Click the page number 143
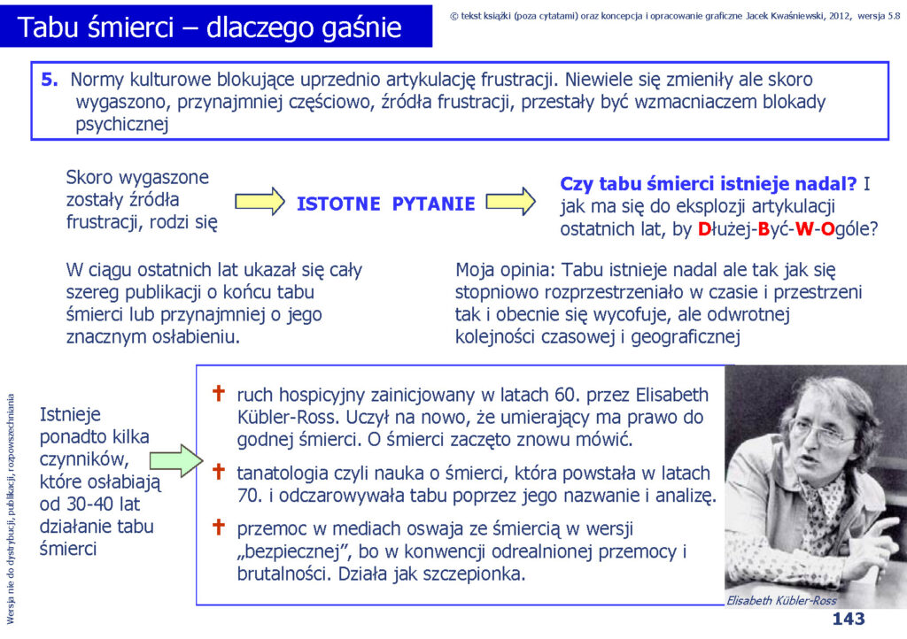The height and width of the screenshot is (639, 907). tap(848, 619)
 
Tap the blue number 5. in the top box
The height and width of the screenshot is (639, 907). tap(50, 79)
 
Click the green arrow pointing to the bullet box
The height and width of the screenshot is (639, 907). tap(176, 460)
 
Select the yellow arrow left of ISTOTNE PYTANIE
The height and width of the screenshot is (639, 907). tap(260, 202)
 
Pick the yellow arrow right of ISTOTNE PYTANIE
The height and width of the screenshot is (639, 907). tap(511, 202)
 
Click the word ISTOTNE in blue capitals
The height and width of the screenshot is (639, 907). tap(338, 204)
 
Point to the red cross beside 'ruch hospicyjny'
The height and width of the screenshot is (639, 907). tap(219, 394)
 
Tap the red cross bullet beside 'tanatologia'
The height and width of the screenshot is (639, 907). tap(219, 472)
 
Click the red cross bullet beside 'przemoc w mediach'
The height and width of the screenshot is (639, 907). tap(219, 527)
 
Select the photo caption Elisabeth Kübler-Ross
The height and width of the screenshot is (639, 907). tap(781, 600)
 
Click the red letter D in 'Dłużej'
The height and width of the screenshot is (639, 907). tap(704, 229)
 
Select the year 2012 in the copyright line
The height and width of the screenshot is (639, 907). tap(840, 16)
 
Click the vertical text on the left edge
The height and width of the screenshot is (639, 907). tap(11, 509)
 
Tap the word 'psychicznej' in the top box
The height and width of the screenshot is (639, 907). tap(122, 124)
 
